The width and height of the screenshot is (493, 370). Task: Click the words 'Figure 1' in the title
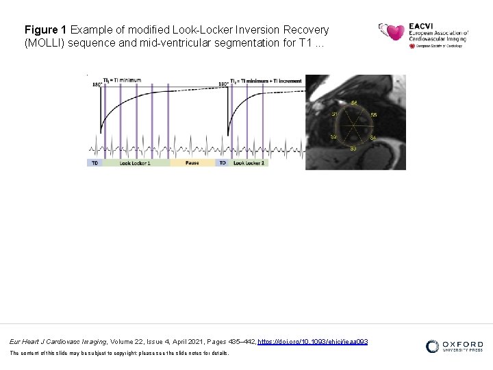point(46,30)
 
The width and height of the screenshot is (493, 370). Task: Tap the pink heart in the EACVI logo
point(395,32)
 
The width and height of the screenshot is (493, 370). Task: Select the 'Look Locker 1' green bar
point(135,163)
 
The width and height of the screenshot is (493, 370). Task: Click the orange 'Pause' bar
point(192,163)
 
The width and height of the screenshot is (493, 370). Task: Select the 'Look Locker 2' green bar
point(249,163)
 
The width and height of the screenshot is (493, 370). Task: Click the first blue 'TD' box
point(94,163)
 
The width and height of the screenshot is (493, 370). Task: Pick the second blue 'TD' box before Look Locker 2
point(223,163)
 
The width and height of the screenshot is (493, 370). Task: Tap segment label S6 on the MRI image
point(354,103)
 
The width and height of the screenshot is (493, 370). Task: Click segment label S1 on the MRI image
point(334,114)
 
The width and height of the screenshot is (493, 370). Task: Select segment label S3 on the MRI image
point(353,148)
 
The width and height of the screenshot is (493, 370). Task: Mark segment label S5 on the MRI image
point(373,114)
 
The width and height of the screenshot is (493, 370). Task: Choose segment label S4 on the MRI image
point(373,138)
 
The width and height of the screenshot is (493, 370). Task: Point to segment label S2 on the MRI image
point(333,137)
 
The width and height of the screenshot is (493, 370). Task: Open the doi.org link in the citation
point(313,341)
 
